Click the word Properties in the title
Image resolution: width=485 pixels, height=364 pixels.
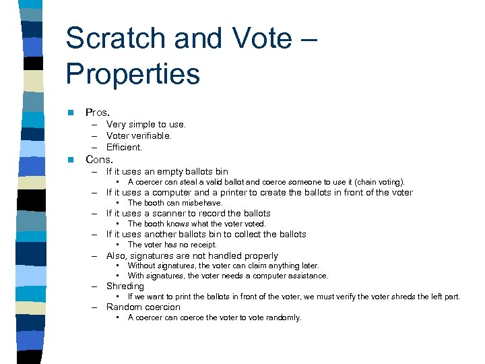click(133, 74)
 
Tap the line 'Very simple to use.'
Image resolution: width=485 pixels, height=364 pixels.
click(145, 124)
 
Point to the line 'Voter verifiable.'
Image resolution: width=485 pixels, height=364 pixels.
click(138, 135)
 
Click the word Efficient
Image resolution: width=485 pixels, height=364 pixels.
click(124, 147)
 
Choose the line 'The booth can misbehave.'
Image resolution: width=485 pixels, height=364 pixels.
click(174, 203)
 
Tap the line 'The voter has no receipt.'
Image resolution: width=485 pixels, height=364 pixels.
click(172, 245)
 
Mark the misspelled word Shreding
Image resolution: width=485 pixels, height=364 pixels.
click(125, 286)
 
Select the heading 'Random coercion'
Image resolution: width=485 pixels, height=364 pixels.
click(143, 307)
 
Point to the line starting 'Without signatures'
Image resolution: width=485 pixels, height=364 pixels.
click(223, 266)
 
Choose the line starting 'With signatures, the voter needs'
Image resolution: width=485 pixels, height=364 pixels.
click(228, 276)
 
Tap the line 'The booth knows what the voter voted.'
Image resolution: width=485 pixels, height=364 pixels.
click(197, 224)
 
